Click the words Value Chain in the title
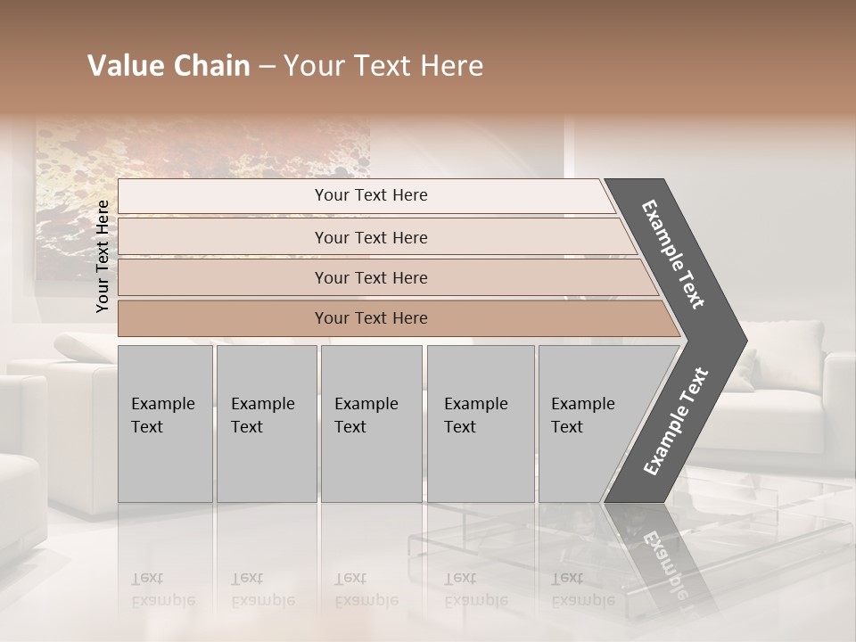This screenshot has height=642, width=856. click(x=169, y=66)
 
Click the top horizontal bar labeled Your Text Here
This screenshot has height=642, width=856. click(x=371, y=195)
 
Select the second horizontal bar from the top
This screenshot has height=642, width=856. click(x=371, y=237)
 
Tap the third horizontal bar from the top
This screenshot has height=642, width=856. click(x=371, y=277)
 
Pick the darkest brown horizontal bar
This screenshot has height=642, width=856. click(x=371, y=318)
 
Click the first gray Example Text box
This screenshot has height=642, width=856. click(x=164, y=423)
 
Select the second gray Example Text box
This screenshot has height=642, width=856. click(x=266, y=423)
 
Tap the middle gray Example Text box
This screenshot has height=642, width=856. click(x=370, y=423)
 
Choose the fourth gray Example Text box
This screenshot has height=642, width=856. click(x=480, y=423)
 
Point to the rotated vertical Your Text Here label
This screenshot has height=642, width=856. click(x=103, y=256)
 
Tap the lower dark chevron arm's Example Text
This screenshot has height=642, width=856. click(x=675, y=421)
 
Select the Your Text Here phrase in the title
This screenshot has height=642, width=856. click(x=383, y=66)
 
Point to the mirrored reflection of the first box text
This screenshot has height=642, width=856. click(x=163, y=589)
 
